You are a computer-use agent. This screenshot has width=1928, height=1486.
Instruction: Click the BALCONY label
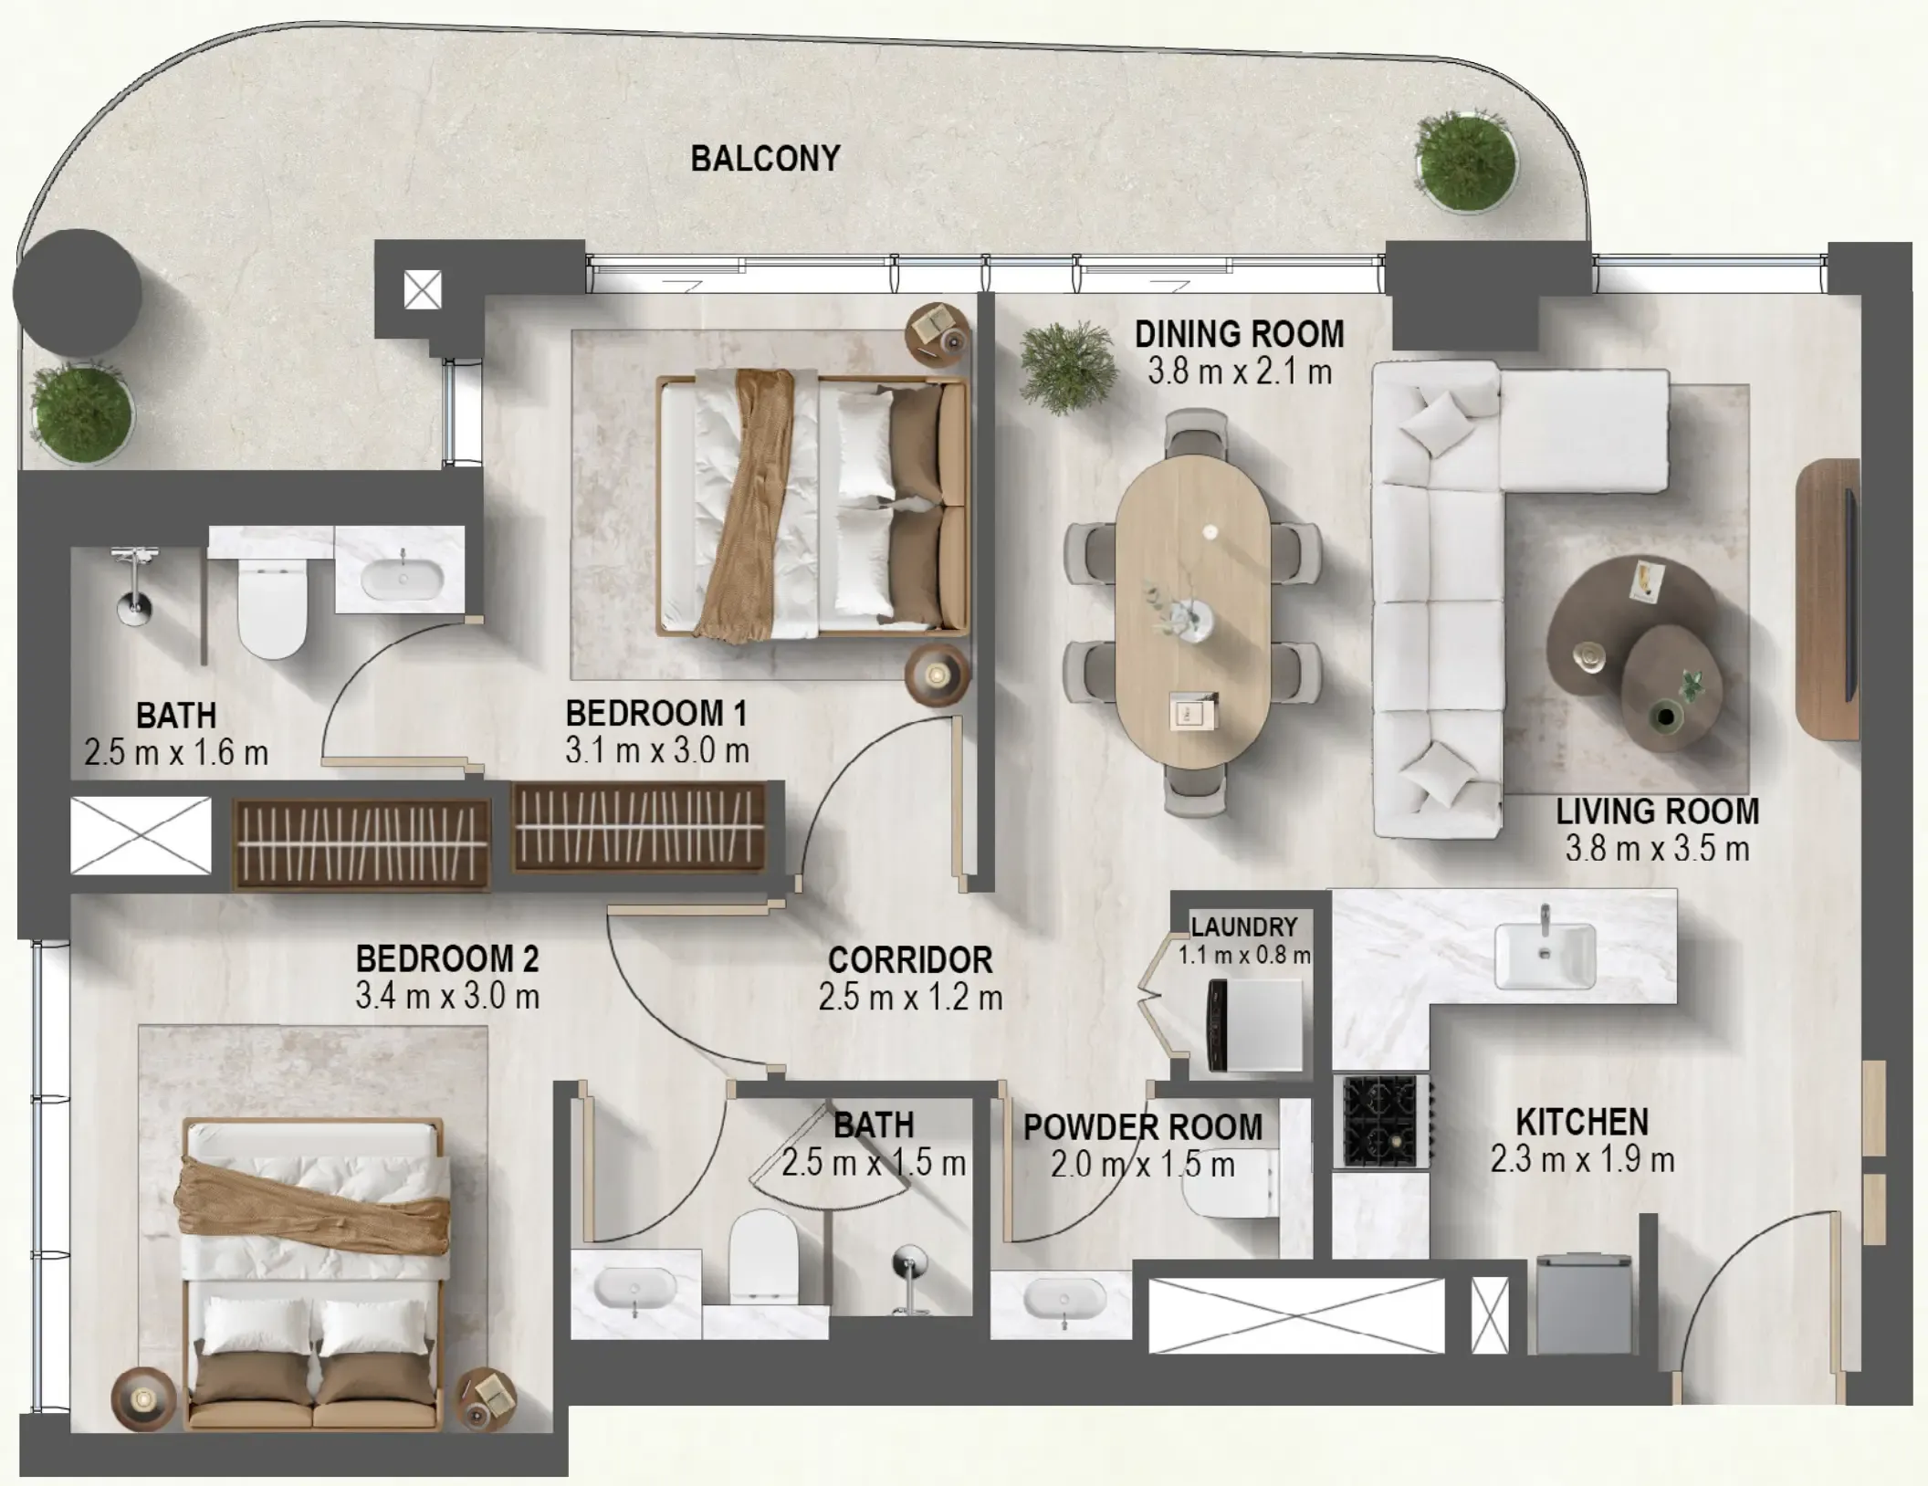click(x=765, y=159)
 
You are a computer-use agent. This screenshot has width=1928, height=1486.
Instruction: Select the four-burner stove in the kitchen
click(x=1380, y=1122)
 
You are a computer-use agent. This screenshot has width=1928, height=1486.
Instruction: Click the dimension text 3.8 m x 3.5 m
click(x=1657, y=849)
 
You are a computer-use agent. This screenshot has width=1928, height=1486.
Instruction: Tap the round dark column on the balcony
click(x=78, y=292)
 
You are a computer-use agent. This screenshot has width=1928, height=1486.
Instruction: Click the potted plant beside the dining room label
click(x=1066, y=367)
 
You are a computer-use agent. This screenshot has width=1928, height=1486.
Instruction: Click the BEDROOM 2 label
click(x=446, y=958)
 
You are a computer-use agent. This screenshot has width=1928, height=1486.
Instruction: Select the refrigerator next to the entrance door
click(x=1583, y=1305)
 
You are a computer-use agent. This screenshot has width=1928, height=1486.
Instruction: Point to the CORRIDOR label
click(x=909, y=960)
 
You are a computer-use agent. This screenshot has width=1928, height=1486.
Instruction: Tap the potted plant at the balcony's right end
click(x=1464, y=162)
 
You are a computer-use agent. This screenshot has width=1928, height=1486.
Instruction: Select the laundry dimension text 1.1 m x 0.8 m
click(x=1243, y=956)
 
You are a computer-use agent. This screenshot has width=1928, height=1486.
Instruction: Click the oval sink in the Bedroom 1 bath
click(x=403, y=579)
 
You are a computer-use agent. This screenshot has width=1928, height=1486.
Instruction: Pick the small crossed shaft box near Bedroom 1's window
click(x=423, y=290)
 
